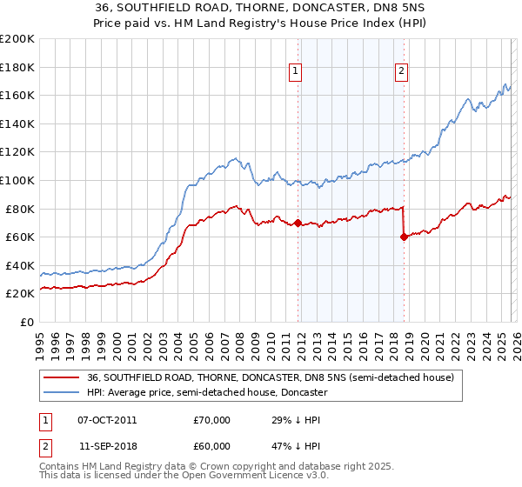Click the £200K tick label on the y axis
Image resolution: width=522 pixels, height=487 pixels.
(x=17, y=39)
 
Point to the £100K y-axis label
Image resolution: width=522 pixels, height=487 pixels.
(x=17, y=180)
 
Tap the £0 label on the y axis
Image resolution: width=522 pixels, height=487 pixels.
(x=26, y=322)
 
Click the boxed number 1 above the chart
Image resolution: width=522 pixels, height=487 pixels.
(x=296, y=72)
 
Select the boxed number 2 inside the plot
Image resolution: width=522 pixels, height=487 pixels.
(x=402, y=72)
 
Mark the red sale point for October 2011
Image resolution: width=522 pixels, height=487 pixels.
(x=298, y=223)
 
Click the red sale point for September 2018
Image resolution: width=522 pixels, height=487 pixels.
(x=404, y=237)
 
